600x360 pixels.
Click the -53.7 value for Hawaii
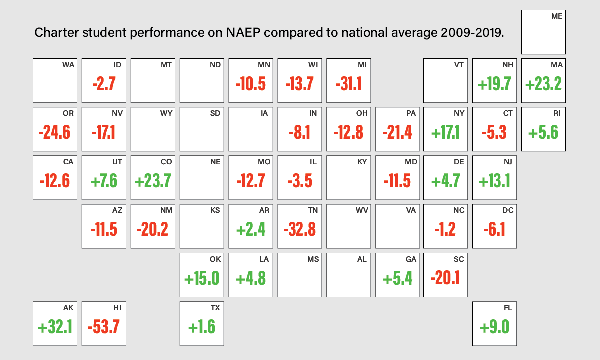coord(104,327)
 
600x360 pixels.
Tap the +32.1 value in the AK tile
coord(55,327)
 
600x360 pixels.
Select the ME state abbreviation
coord(557,16)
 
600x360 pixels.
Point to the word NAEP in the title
coord(243,33)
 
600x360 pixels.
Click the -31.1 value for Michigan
coord(349,84)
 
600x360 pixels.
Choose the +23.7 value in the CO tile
coord(153,181)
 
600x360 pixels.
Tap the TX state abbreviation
coord(215,308)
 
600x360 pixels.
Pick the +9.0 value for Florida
coord(494,327)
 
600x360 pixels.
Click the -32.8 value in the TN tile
coord(299,229)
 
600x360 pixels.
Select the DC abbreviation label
coord(508,210)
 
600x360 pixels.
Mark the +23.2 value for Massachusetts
coord(543,84)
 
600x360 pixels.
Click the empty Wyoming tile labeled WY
coord(153,129)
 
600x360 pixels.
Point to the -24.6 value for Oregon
coord(55,132)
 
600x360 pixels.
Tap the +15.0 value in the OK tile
coord(202,278)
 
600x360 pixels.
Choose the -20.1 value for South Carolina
coord(445,278)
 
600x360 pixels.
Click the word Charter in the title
coord(56,33)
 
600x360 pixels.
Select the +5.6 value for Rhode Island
coord(543,132)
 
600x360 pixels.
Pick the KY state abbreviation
coord(362,162)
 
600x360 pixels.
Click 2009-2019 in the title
coord(472,33)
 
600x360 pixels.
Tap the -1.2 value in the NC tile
coord(445,229)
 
